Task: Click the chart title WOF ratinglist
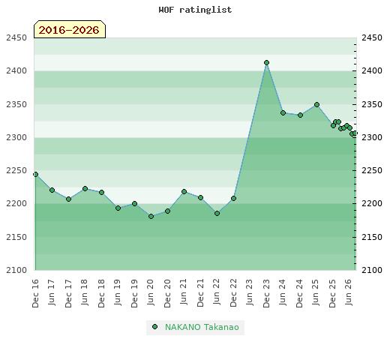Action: pyautogui.click(x=195, y=10)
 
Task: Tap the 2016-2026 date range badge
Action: pyautogui.click(x=70, y=29)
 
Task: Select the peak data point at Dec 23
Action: pyautogui.click(x=266, y=62)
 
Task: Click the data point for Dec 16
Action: pyautogui.click(x=35, y=174)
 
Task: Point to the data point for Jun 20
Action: pyautogui.click(x=151, y=216)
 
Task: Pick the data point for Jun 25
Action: pyautogui.click(x=316, y=104)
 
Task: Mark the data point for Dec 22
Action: pyautogui.click(x=233, y=198)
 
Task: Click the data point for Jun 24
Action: pyautogui.click(x=283, y=112)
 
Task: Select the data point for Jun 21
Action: pyautogui.click(x=184, y=191)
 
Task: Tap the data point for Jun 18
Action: pyautogui.click(x=85, y=188)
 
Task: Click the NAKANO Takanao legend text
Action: pyautogui.click(x=202, y=327)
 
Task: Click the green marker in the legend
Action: pyautogui.click(x=154, y=327)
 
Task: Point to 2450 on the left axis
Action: pyautogui.click(x=16, y=37)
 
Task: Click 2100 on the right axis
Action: pyautogui.click(x=372, y=270)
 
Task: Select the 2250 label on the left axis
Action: pyautogui.click(x=16, y=170)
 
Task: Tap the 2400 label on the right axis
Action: pyautogui.click(x=372, y=70)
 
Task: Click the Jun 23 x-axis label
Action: pyautogui.click(x=250, y=292)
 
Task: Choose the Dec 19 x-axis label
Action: pyautogui.click(x=134, y=293)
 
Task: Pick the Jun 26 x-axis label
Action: pyautogui.click(x=349, y=292)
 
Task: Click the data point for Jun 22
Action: pyautogui.click(x=217, y=213)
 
